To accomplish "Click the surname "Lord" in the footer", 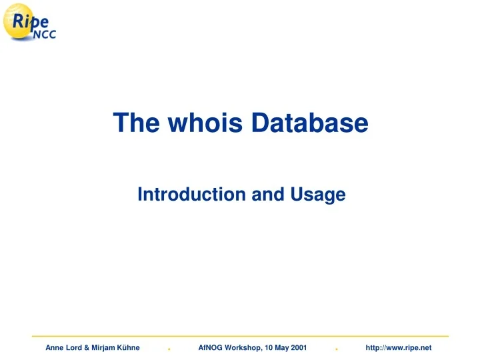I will [x=74, y=348].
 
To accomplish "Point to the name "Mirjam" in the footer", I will [x=104, y=348].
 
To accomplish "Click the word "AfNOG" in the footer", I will [x=211, y=348].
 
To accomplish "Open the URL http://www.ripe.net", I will [x=399, y=348].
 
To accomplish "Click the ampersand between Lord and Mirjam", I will [x=87, y=348].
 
